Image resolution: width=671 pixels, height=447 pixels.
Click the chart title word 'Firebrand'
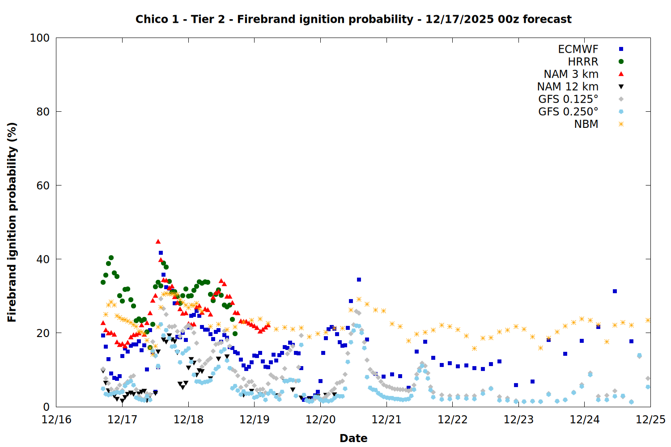[x=260, y=19]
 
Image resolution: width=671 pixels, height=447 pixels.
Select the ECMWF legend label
[x=578, y=49]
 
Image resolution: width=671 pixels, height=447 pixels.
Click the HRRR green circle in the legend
[x=621, y=62]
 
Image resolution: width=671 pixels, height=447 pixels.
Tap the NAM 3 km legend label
[x=571, y=74]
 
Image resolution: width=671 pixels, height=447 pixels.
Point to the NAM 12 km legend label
[x=568, y=87]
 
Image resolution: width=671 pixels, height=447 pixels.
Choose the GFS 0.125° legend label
[x=568, y=99]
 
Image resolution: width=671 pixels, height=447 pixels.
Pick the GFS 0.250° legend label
[x=568, y=112]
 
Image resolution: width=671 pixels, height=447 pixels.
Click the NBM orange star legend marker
[x=621, y=124]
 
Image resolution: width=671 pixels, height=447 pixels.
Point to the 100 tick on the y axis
[x=40, y=38]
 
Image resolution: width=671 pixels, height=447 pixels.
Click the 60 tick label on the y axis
[x=43, y=186]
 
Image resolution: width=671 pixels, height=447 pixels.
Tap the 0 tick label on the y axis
[x=47, y=407]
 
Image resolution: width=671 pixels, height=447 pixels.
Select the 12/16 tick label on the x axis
[x=56, y=420]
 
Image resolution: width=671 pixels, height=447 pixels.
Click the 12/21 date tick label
[x=386, y=420]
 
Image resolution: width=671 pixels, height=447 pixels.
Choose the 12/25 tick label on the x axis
[x=650, y=420]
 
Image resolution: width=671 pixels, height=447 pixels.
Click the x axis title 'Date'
[x=353, y=438]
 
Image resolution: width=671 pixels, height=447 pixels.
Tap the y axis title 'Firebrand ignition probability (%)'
[x=12, y=222]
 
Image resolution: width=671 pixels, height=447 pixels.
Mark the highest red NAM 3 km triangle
[x=158, y=241]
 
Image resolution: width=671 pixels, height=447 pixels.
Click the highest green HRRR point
[x=111, y=258]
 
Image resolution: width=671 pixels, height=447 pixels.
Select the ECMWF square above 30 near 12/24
[x=615, y=291]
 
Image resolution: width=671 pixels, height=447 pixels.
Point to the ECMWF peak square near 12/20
[x=359, y=280]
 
